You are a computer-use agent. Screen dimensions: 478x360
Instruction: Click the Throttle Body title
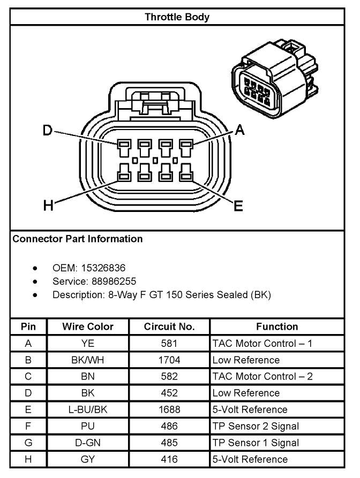pos(177,17)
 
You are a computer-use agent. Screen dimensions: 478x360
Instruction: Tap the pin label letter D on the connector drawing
pos(48,131)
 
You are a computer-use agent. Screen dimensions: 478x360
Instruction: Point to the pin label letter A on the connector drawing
pos(239,130)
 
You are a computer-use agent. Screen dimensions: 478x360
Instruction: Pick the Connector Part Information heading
pos(78,239)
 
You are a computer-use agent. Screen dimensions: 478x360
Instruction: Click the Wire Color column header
pos(88,327)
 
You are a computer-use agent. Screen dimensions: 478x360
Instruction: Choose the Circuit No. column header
pos(169,327)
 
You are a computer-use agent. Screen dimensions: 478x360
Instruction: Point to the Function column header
pos(277,327)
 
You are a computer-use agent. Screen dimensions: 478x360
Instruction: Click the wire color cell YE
pos(88,343)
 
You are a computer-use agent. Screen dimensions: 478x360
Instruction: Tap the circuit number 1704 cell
pos(169,360)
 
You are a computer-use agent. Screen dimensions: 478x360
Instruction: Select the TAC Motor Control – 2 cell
pos(262,376)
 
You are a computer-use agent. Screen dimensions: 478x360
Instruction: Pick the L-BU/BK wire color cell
pos(88,409)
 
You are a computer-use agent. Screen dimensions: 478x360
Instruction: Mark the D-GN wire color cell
pos(88,443)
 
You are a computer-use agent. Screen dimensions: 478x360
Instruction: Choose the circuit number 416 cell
pos(169,459)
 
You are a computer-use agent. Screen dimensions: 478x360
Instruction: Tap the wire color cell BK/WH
pos(88,360)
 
